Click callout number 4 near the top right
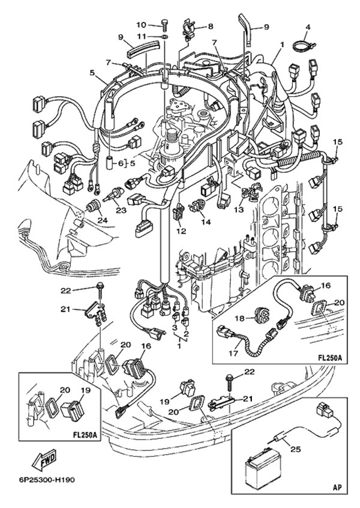point(308,27)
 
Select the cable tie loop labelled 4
point(301,44)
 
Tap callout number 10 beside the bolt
point(142,25)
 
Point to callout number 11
point(142,37)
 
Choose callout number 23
point(121,210)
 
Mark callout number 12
point(181,231)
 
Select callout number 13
point(240,210)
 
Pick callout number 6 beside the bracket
point(120,163)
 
